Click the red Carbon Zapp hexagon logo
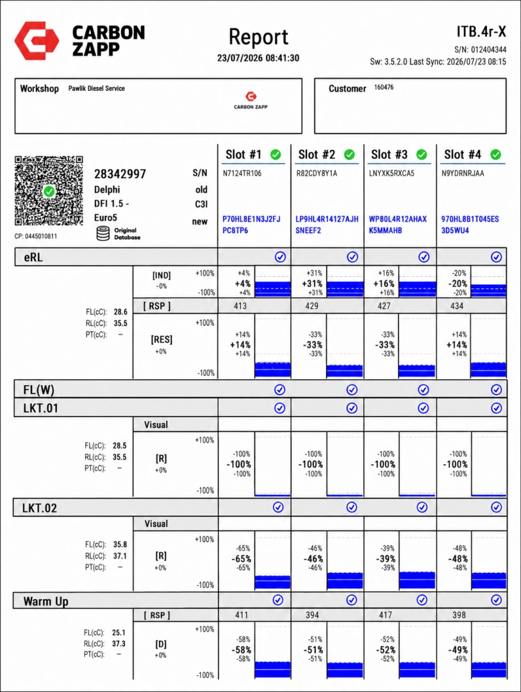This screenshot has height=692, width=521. (37, 40)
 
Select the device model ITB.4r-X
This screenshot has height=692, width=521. (481, 32)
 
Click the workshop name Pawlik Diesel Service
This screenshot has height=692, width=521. (96, 88)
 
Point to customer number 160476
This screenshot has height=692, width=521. (384, 87)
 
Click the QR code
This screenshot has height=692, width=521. (49, 191)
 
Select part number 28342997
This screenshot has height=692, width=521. (120, 174)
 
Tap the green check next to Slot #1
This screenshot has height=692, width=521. (276, 154)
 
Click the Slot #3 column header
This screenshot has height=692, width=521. (390, 154)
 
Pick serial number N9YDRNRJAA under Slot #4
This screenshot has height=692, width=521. (463, 174)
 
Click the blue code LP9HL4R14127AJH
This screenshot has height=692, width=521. (327, 219)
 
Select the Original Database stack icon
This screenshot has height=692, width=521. (103, 233)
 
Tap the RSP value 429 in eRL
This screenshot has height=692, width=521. (311, 306)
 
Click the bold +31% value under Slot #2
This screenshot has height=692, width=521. (312, 283)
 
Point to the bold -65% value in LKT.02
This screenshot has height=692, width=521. (241, 559)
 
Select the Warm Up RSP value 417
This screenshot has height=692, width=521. (385, 614)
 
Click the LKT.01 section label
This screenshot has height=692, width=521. (40, 408)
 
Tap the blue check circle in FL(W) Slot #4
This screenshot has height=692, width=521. (496, 390)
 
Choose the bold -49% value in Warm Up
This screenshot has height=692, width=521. (458, 650)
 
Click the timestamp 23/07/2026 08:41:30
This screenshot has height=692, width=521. (258, 58)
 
